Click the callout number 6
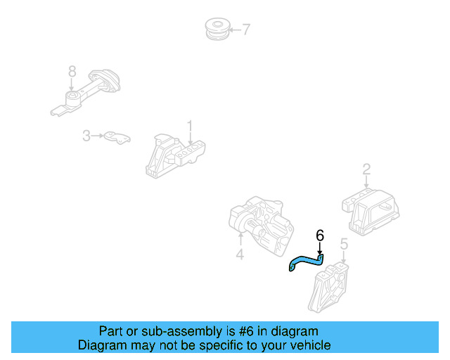coord(320,236)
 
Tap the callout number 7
coord(245,29)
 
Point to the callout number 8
coord(72,71)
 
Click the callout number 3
coord(86,135)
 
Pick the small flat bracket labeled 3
coord(117,137)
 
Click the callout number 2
coord(366,169)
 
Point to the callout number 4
coord(240,255)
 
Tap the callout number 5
coord(344,244)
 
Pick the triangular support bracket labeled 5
coord(329,285)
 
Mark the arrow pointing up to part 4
coord(240,241)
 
